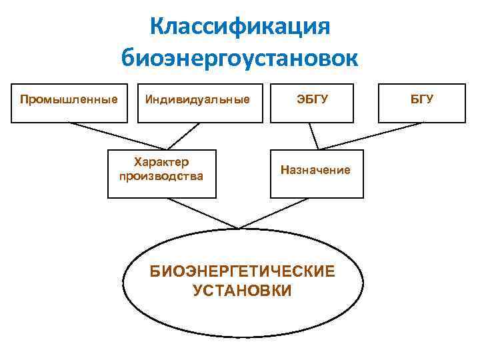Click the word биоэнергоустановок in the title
[x=239, y=57]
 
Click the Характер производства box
[x=162, y=173]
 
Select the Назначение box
[x=317, y=173]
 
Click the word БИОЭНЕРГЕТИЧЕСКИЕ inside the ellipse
[x=242, y=273]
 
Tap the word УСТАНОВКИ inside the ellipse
[x=242, y=291]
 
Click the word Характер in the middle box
[x=161, y=162]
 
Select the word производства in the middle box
[x=161, y=177]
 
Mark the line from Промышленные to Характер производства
[x=117, y=135]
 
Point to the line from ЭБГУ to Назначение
[x=315, y=136]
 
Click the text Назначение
[x=316, y=170]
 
